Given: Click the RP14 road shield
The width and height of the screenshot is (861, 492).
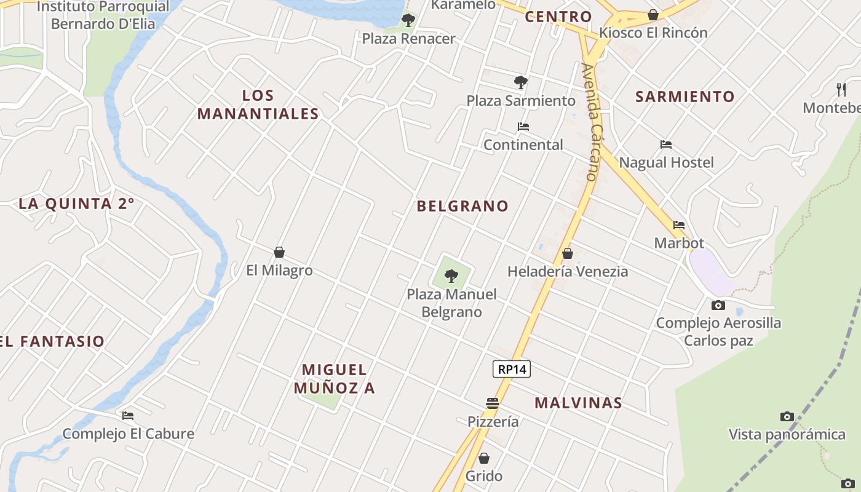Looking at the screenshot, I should pos(512,369).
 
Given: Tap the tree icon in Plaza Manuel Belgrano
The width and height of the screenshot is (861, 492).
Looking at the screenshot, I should pos(451,276).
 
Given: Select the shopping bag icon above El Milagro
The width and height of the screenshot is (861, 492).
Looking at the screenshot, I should pos(279,252).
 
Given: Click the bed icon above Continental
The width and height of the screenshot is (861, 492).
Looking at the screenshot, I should pos(523,127).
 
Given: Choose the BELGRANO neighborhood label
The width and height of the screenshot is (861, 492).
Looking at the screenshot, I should pos(462,206).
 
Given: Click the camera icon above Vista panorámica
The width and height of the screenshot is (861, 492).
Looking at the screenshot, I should pos(787,416).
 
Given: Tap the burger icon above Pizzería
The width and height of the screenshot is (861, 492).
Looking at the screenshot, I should pos(493,403).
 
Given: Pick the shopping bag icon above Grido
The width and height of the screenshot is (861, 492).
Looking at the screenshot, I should pos(484,458).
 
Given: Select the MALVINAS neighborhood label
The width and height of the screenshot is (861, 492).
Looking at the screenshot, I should pos(578,403).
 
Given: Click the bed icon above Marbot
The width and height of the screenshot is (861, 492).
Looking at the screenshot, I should pos(679,225).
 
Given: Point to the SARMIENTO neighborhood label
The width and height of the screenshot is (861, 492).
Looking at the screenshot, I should pos(685,97).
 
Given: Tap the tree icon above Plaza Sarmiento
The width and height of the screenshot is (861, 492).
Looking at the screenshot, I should pos(521,82).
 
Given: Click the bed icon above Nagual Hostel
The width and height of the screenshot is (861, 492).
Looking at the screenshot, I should pos(666,145).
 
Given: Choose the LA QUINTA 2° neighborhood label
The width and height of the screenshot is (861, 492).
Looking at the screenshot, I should pos(76,204).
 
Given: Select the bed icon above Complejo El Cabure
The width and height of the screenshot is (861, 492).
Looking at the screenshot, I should pos(128,416).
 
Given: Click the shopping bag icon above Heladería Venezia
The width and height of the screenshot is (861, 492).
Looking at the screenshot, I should pos(568,253).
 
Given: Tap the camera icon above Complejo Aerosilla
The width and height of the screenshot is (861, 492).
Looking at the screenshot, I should pos(718,305).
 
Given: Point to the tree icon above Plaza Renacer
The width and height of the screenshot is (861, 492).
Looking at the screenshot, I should pos(408,20).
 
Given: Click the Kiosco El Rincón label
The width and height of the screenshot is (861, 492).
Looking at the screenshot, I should pos(653,33).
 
